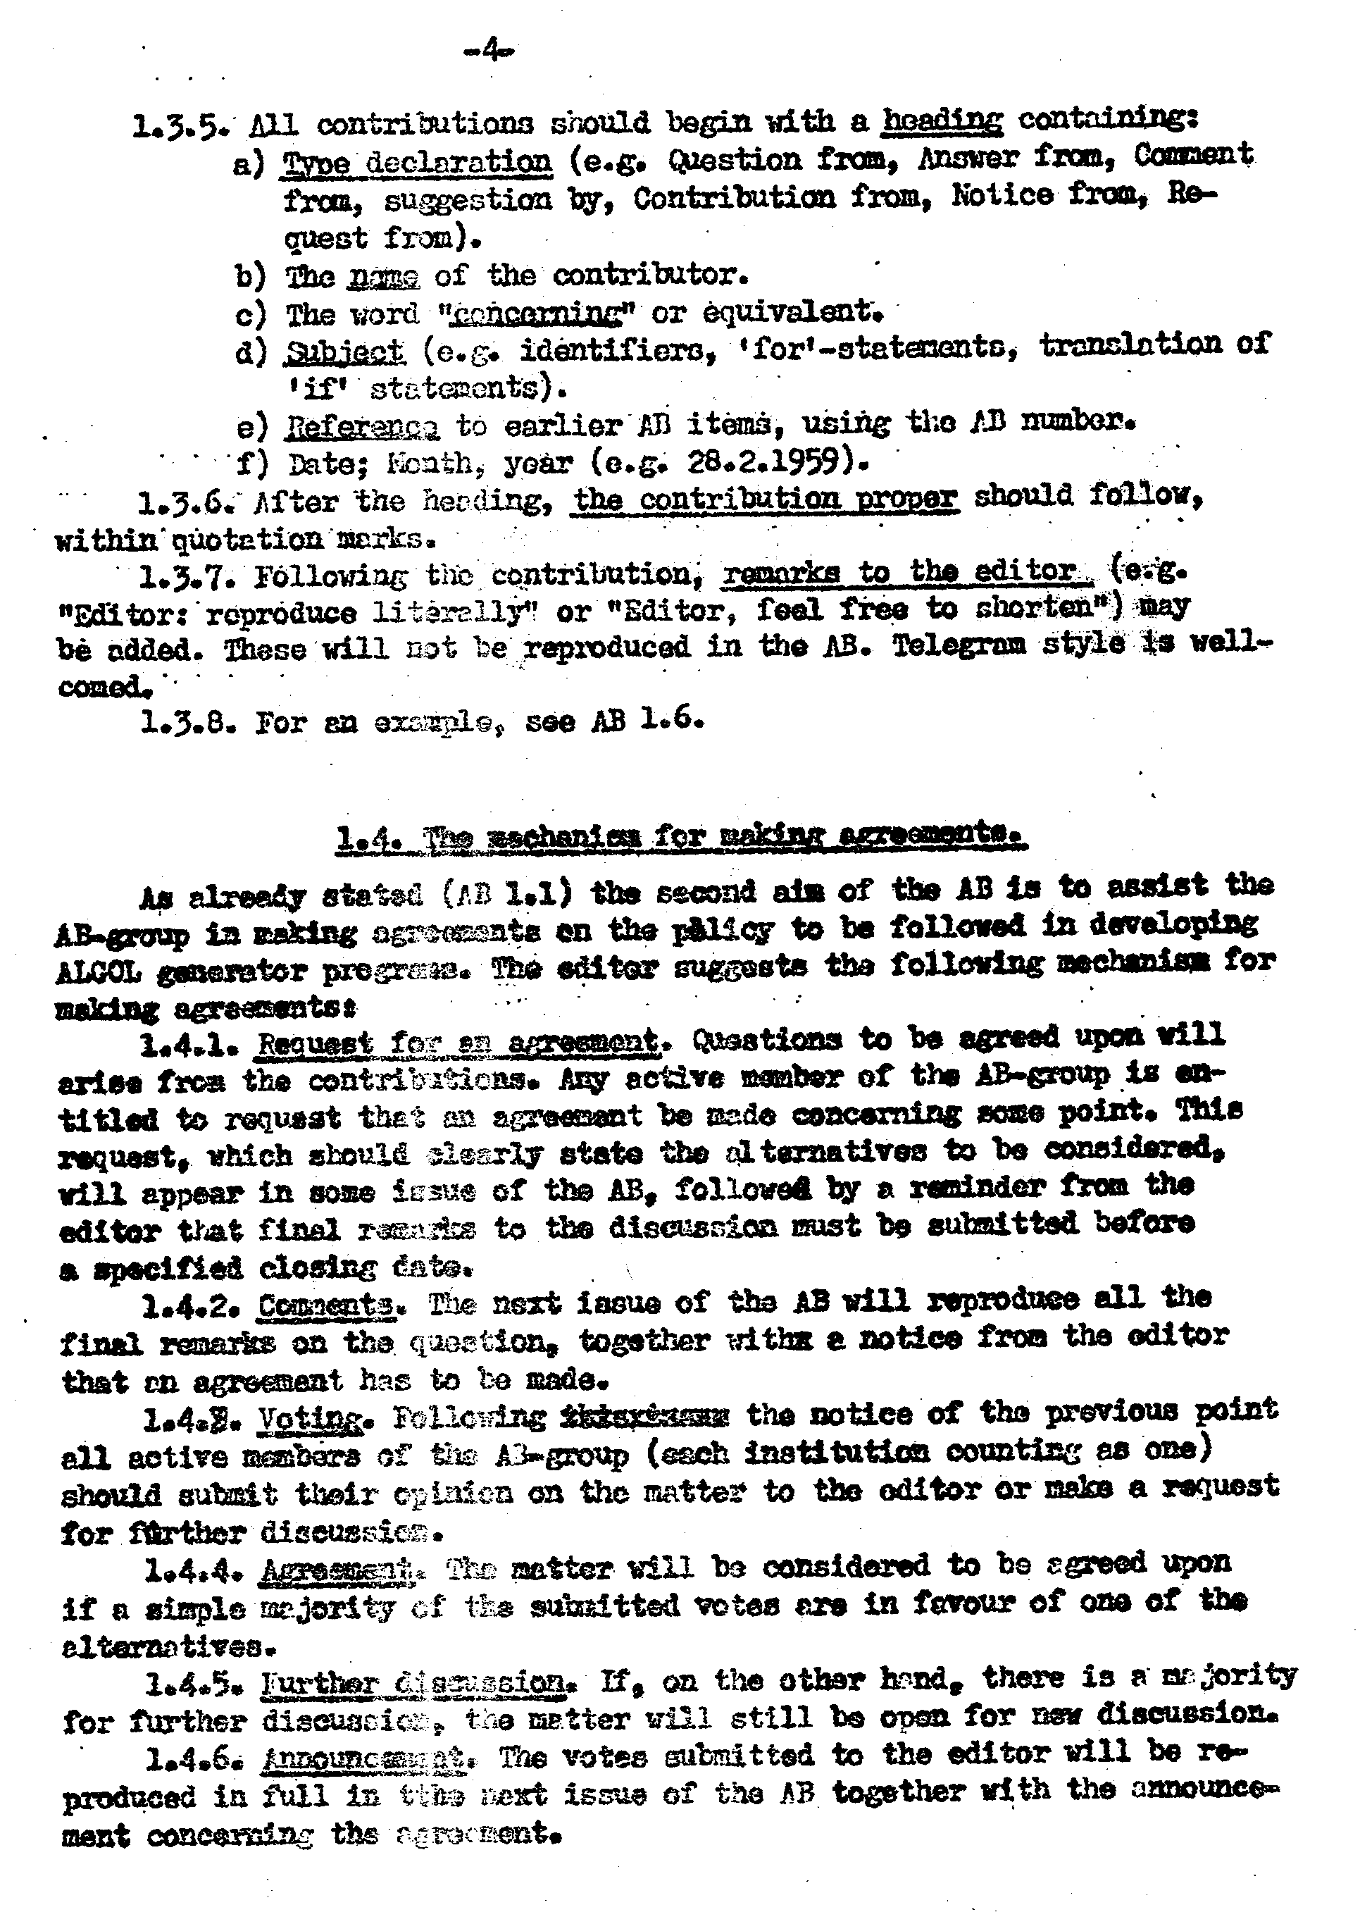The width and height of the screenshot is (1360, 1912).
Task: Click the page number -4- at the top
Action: pos(490,52)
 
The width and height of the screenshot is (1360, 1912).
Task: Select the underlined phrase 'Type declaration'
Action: pos(418,161)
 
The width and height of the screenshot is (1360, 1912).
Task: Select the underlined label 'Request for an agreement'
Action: pos(457,1043)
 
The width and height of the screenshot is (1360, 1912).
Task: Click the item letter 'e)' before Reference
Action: pos(251,426)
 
